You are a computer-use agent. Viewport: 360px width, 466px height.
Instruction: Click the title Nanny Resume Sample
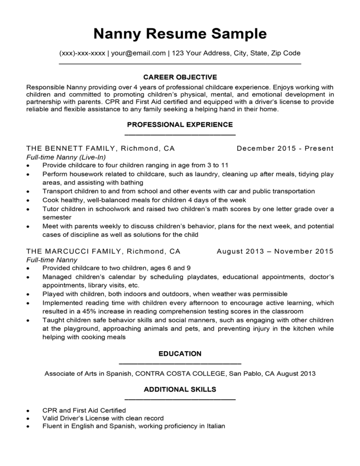[x=180, y=34]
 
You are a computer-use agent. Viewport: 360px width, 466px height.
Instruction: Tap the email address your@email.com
[x=138, y=53]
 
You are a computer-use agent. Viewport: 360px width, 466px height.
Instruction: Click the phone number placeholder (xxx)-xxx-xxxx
[x=82, y=53]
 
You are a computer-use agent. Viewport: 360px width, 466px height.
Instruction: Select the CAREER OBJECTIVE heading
[x=180, y=77]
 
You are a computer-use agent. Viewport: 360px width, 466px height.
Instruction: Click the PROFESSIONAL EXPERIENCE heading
[x=180, y=125]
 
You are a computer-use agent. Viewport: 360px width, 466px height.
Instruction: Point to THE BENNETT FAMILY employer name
[x=72, y=148]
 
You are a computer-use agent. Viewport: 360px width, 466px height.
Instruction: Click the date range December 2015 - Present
[x=285, y=148]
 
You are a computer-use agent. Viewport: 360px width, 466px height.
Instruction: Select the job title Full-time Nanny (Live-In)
[x=66, y=157]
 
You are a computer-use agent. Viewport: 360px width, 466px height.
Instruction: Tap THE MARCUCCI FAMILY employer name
[x=74, y=251]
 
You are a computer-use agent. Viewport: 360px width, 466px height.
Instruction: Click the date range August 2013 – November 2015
[x=275, y=251]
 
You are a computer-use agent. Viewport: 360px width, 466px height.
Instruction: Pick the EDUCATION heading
[x=180, y=353]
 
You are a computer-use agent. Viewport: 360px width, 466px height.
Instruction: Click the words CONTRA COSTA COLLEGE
[x=181, y=374]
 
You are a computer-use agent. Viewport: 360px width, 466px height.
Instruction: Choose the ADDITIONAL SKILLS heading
[x=180, y=389]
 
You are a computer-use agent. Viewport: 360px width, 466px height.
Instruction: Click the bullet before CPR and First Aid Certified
[x=28, y=411]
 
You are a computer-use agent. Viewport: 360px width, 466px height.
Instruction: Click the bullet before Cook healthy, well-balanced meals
[x=28, y=200]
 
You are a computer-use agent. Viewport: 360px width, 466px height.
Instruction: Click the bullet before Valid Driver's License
[x=28, y=418]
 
